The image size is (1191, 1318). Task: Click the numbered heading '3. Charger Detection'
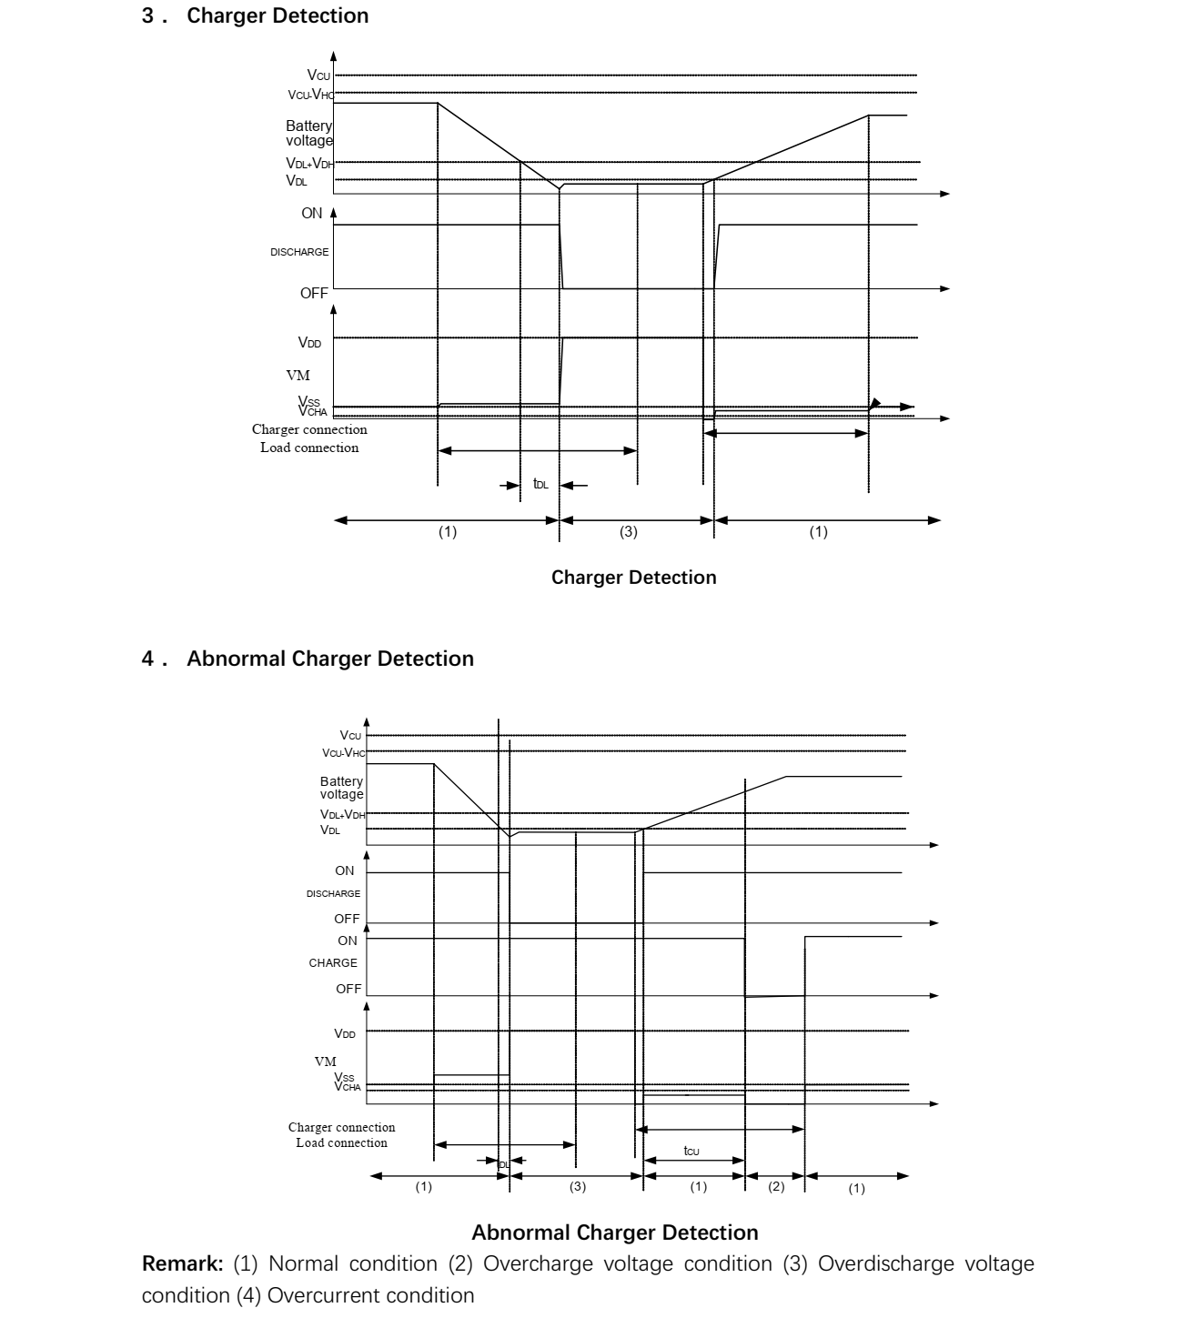coord(256,16)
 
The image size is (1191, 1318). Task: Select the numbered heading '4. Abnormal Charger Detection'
coord(308,659)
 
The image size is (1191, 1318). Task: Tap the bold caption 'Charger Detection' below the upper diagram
coord(633,578)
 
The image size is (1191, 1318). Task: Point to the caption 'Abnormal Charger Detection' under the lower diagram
coord(615,1232)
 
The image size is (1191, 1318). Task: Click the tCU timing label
coord(691,1152)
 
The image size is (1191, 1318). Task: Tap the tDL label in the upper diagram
coord(540,485)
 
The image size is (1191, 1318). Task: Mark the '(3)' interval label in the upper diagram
coord(629,532)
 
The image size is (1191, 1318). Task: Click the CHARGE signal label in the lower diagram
coord(333,963)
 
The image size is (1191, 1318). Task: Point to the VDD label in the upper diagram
coord(309,343)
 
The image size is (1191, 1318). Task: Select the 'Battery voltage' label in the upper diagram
coord(309,134)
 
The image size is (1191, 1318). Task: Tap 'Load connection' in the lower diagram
coord(341,1142)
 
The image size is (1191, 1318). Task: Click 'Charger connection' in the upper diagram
coord(309,429)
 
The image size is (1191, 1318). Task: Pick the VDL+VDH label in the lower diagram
coord(341,815)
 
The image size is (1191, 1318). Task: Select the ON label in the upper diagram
coord(311,214)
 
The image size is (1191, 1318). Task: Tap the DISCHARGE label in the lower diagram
coord(333,893)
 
